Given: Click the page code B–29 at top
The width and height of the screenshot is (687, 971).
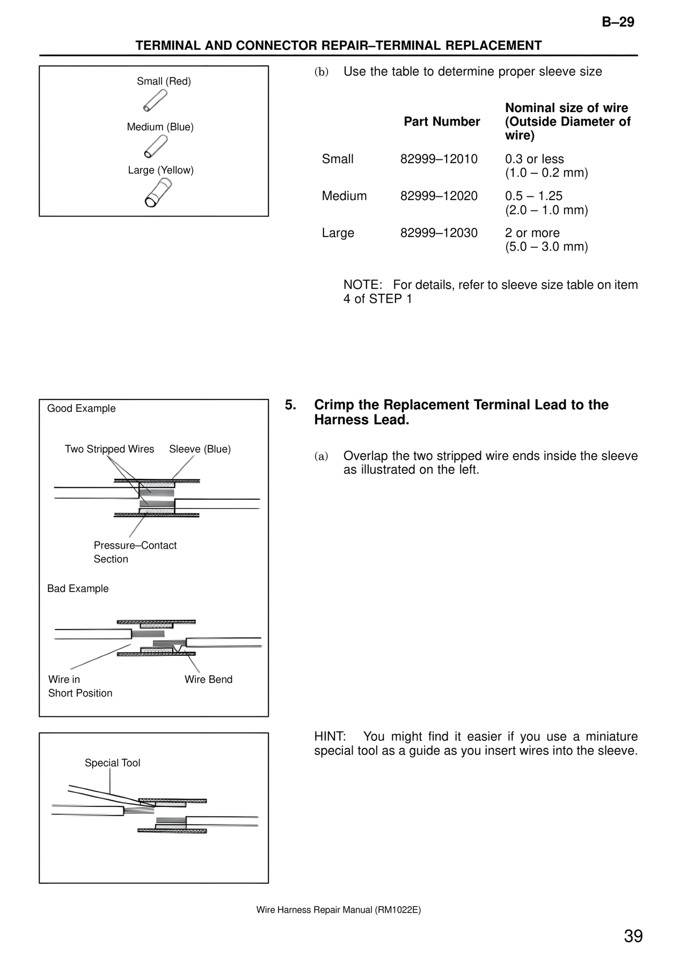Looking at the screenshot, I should pyautogui.click(x=618, y=22).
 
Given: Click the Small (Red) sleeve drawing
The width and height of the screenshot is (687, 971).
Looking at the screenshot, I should pyautogui.click(x=155, y=101).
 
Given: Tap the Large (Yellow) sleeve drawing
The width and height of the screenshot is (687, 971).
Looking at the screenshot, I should pyautogui.click(x=158, y=192).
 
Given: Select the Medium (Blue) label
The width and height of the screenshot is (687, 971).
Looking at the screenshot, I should pyautogui.click(x=160, y=127).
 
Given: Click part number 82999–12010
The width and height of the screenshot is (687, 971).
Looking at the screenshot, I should pyautogui.click(x=438, y=159).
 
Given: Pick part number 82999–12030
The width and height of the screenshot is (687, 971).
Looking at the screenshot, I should pyautogui.click(x=438, y=233).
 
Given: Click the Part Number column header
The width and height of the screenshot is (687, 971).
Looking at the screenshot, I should pyautogui.click(x=441, y=122).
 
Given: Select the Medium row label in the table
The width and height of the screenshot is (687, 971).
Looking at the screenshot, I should pyautogui.click(x=344, y=196).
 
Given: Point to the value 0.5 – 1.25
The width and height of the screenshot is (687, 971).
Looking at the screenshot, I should pyautogui.click(x=533, y=196).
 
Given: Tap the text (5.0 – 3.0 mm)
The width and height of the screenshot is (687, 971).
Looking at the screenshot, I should pyautogui.click(x=546, y=247).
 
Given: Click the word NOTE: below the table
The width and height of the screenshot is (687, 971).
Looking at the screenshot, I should pyautogui.click(x=362, y=285).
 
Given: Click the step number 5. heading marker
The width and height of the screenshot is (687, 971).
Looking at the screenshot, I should pyautogui.click(x=290, y=405).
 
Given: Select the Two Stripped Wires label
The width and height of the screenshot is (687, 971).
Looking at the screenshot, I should pyautogui.click(x=109, y=449).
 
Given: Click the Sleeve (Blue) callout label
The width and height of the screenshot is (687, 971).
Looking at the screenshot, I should pyautogui.click(x=200, y=449).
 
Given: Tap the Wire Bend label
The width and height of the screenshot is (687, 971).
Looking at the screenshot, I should pyautogui.click(x=208, y=679).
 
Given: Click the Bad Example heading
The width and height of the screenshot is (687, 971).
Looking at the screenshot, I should pyautogui.click(x=78, y=589).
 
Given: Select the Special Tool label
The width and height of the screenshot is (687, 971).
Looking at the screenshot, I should pyautogui.click(x=112, y=763).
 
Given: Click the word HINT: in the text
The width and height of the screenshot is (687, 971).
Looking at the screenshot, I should pyautogui.click(x=330, y=737).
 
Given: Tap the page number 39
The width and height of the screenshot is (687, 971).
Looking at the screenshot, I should pyautogui.click(x=633, y=936).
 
